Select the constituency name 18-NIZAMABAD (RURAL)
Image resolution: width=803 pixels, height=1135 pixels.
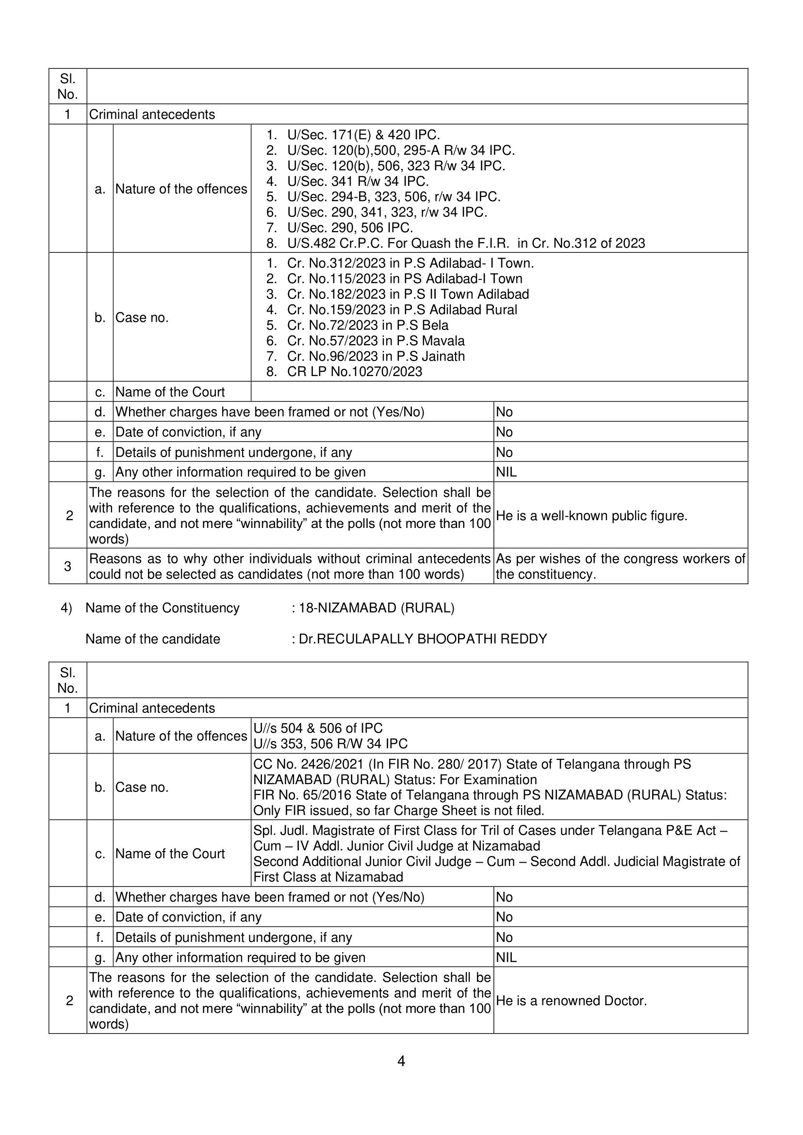[x=377, y=608]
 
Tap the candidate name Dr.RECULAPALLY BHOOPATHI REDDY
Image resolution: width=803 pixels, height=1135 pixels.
[x=423, y=639]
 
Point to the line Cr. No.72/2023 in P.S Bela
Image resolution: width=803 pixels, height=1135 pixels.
[x=367, y=326]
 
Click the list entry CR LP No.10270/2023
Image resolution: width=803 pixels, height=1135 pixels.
[x=354, y=371]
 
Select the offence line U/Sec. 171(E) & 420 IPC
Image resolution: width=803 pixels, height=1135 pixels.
[x=363, y=134]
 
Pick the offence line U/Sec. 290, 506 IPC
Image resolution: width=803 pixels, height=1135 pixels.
[x=349, y=228]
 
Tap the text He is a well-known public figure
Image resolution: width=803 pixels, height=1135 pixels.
[x=591, y=516]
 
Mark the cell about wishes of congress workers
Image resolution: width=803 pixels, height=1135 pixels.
[x=620, y=566]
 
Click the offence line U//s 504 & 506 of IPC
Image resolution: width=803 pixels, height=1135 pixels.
[x=318, y=728]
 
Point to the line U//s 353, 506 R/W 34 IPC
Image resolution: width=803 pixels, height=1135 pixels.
[x=330, y=743]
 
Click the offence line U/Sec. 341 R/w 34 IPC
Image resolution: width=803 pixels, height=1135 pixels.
[x=358, y=181]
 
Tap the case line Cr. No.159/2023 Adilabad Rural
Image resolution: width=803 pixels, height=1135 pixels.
[x=402, y=310]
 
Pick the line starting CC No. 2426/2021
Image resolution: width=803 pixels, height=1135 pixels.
[x=472, y=764]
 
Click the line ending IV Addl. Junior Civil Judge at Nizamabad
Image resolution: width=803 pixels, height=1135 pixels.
[x=396, y=846]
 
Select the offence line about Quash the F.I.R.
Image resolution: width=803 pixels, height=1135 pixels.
[x=465, y=243]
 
